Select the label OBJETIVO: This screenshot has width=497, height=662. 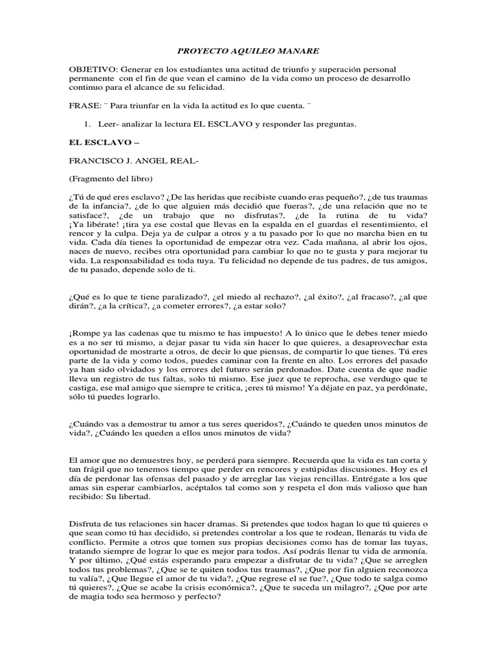pyautogui.click(x=91, y=69)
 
